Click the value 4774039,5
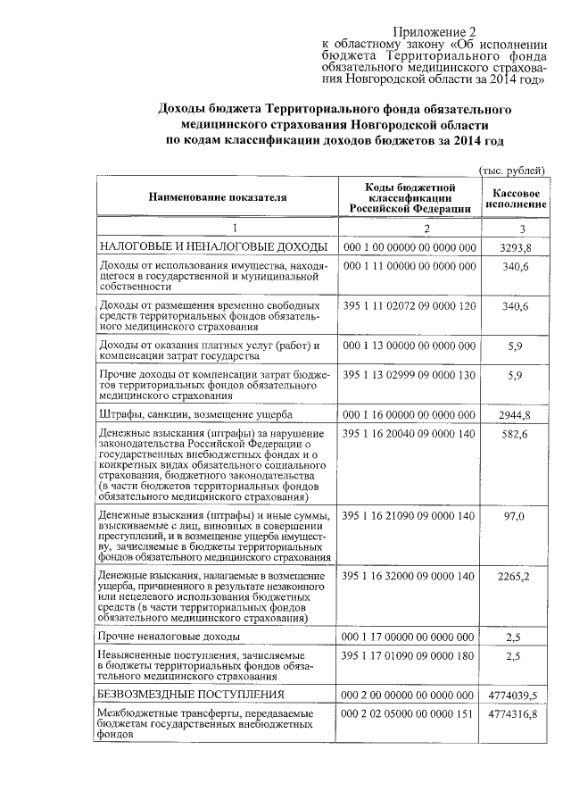[514, 694]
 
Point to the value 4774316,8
[514, 714]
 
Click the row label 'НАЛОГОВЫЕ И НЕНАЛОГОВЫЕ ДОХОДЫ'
[212, 247]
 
